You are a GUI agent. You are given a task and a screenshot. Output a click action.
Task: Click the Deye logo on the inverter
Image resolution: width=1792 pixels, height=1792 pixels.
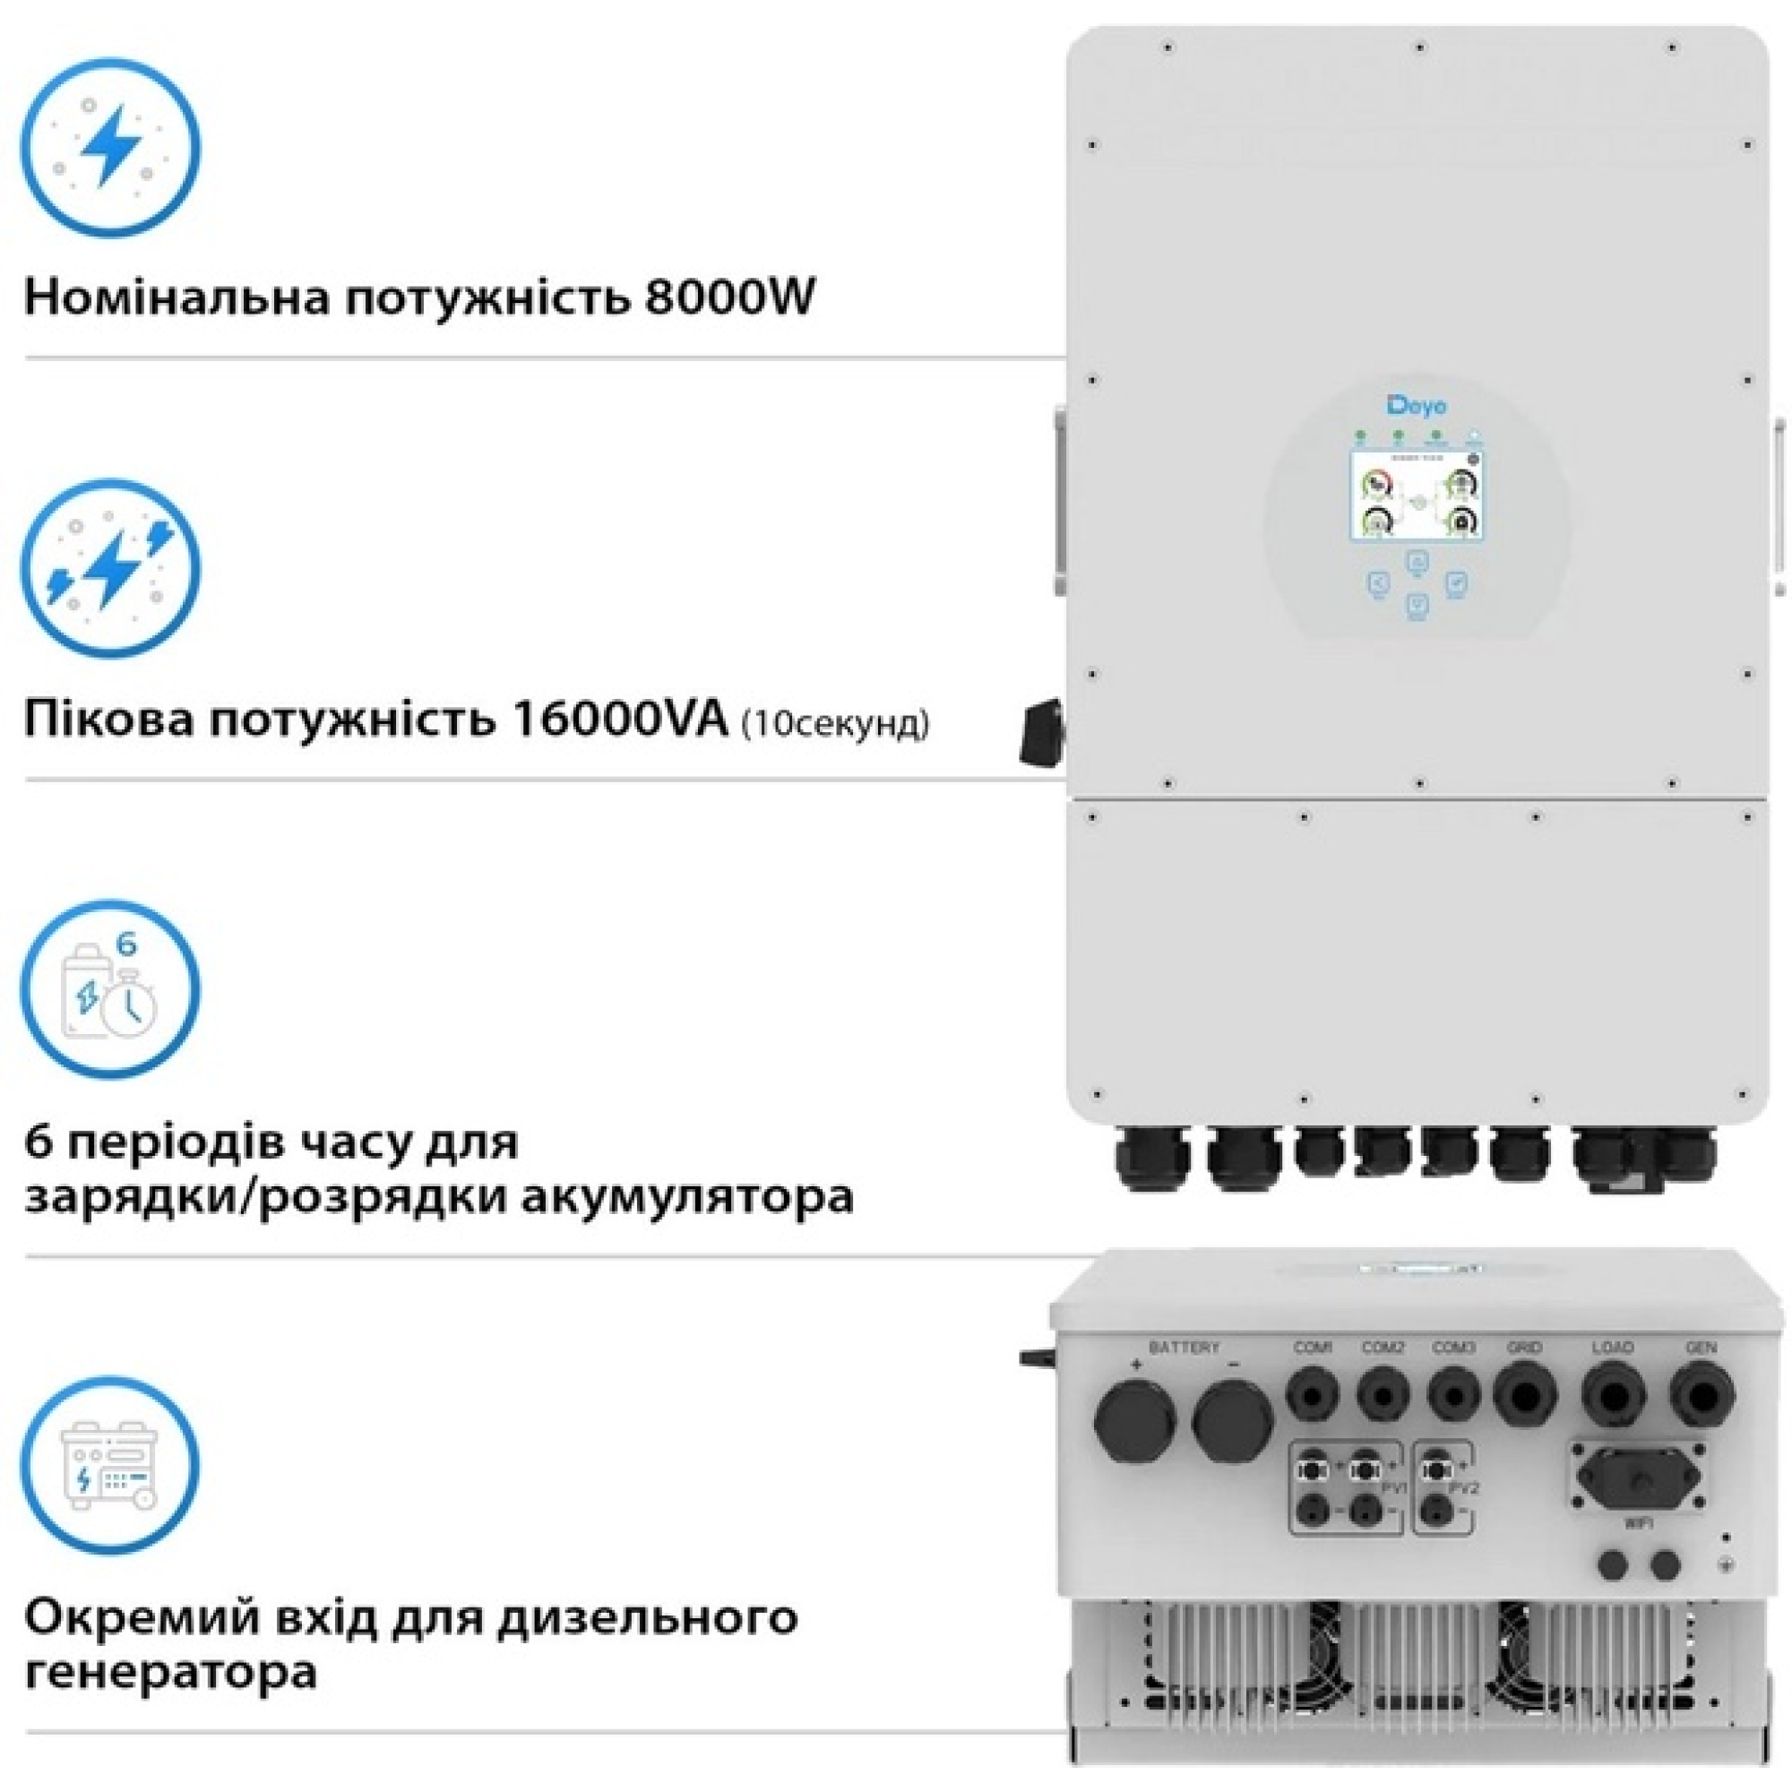tap(1417, 405)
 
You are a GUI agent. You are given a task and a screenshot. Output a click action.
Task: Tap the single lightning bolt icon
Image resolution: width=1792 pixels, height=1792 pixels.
tap(110, 148)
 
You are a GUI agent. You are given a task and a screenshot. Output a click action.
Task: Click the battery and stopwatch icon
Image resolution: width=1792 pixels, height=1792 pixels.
tap(110, 990)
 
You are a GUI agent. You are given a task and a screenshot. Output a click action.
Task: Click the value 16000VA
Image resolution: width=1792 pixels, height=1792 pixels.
tap(621, 720)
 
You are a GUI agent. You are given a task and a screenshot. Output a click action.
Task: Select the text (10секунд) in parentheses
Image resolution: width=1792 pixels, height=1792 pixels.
tap(835, 723)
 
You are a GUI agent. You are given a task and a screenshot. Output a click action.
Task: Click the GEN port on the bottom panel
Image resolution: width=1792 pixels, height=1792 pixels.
tap(1702, 1393)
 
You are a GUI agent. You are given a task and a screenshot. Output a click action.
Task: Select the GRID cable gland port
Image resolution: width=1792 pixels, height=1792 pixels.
tap(1525, 1393)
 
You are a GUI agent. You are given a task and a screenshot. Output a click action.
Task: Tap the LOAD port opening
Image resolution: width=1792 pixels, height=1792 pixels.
tap(1613, 1393)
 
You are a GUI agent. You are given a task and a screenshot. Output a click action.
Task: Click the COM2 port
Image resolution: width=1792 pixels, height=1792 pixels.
tap(1383, 1393)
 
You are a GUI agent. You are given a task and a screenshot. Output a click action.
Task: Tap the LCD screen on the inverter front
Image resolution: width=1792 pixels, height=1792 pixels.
tap(1417, 496)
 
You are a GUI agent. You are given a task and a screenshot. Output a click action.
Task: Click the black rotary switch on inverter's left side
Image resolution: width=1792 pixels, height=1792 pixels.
tap(1042, 733)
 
